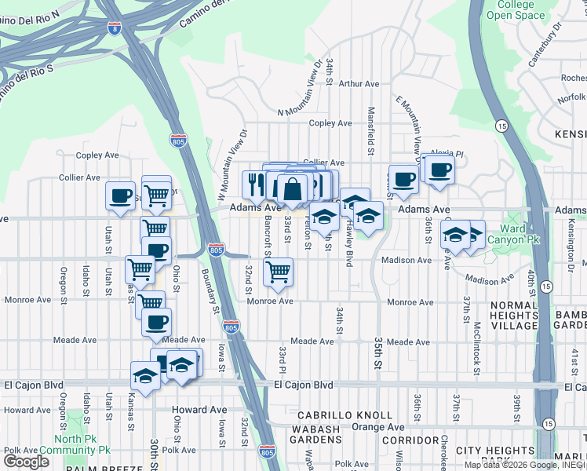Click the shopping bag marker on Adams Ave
click(292, 189)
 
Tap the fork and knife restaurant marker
click(255, 185)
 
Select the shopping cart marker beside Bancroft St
click(278, 272)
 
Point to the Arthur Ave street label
click(359, 83)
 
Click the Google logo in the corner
click(25, 461)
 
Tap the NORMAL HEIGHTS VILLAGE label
click(515, 314)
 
